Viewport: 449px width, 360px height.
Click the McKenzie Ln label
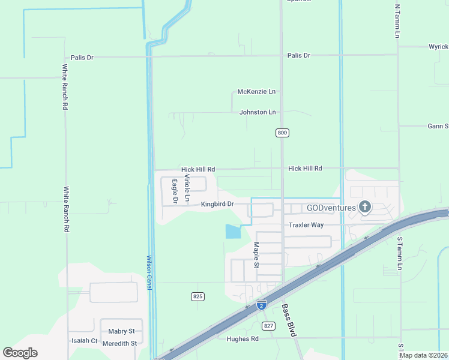[256, 92]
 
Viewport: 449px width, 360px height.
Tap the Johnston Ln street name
[258, 112]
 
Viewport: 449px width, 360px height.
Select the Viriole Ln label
[187, 187]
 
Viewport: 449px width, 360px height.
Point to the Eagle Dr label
[175, 191]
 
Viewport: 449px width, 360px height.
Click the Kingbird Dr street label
[217, 204]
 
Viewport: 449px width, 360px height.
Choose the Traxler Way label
[306, 225]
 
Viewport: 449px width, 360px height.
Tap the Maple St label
[256, 255]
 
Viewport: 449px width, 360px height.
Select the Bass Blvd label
[289, 320]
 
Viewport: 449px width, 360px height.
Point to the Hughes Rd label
[243, 339]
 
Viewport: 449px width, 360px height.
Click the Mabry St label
[121, 331]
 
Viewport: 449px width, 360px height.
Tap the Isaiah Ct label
[84, 340]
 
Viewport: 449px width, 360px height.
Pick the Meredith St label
[120, 343]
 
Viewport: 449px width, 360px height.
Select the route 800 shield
[282, 133]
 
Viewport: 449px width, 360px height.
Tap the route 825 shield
[198, 296]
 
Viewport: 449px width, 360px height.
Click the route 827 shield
[268, 326]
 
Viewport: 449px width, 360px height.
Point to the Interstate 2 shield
[261, 305]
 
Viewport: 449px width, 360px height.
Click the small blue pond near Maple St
[232, 231]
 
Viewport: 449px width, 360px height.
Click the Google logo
[20, 353]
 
